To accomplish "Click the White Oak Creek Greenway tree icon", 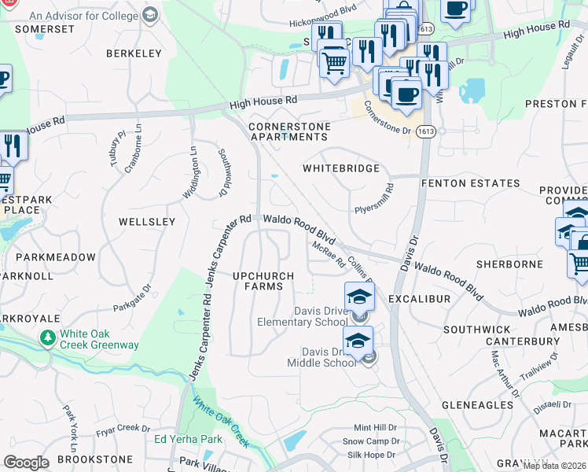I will click(x=48, y=337).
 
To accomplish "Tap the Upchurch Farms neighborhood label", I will click(x=263, y=281).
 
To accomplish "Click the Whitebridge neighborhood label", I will click(x=341, y=168).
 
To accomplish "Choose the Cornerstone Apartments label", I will click(x=287, y=131).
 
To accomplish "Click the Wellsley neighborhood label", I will click(x=147, y=222).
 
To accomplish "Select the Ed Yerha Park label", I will click(x=189, y=439).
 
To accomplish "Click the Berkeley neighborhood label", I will click(x=134, y=53).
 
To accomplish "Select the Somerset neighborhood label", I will click(x=44, y=28).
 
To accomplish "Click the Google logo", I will click(x=26, y=463).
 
